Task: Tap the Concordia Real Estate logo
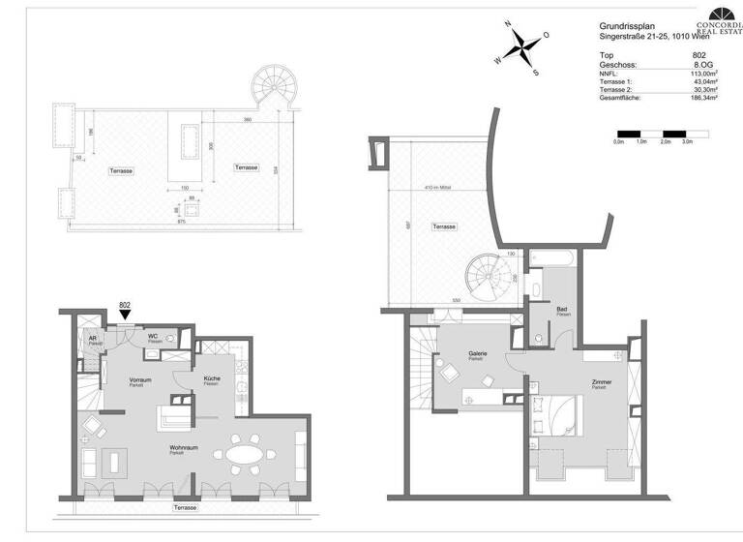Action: [720, 19]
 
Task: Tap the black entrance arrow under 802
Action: [124, 316]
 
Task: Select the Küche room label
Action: [212, 378]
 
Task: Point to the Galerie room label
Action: [477, 353]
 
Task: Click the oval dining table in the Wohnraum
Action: [243, 455]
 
